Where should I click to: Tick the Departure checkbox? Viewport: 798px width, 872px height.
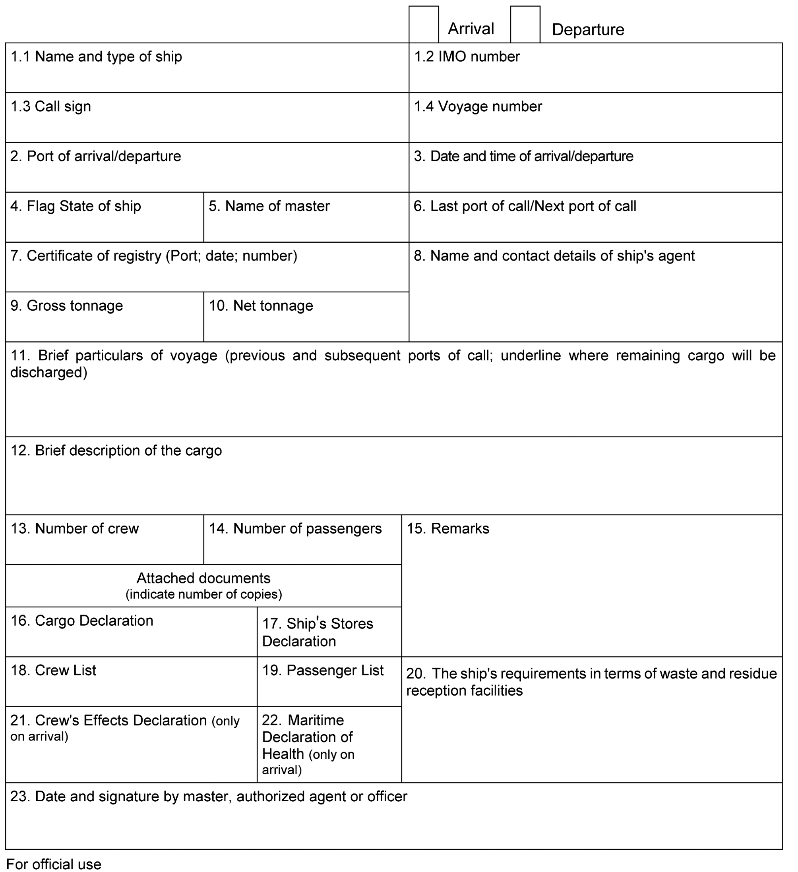point(525,24)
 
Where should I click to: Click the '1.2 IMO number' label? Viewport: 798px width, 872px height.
point(467,57)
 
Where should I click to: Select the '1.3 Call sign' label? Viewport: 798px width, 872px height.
point(50,106)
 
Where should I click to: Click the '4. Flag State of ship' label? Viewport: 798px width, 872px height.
point(76,206)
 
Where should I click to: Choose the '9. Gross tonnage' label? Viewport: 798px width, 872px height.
point(67,306)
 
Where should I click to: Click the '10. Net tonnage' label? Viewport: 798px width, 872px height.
point(261,306)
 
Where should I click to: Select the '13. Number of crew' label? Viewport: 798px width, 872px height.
point(74,529)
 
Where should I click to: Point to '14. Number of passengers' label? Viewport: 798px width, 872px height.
point(295,529)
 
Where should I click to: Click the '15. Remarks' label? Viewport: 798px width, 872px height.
point(448,529)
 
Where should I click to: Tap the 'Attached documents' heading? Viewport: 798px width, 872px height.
point(203,578)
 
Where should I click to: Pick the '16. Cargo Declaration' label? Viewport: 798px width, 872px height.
point(82,621)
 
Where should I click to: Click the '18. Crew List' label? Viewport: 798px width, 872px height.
point(53,671)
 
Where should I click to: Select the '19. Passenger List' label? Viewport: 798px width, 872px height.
point(323,671)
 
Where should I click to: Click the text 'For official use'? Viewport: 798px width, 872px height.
point(54,864)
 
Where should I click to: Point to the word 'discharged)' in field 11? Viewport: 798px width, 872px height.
point(49,372)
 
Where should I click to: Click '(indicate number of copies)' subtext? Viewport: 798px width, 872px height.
point(203,594)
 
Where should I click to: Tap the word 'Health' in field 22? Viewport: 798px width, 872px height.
point(283,754)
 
